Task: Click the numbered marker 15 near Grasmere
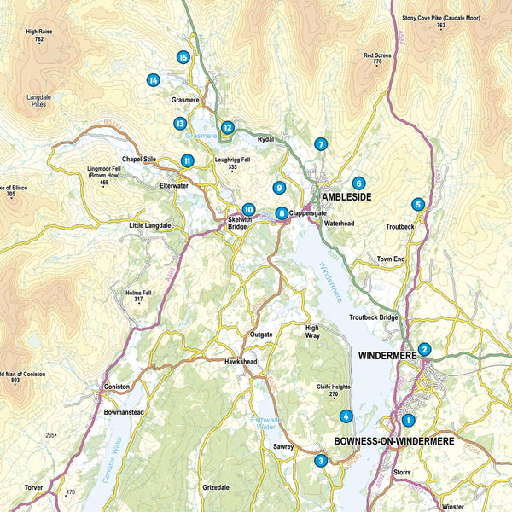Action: click(x=183, y=57)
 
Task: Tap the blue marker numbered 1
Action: click(x=408, y=419)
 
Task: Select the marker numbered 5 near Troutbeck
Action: click(x=417, y=204)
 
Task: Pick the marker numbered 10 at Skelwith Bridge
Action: click(x=248, y=209)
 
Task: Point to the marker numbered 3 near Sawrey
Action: click(x=321, y=461)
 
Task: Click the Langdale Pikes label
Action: click(x=39, y=102)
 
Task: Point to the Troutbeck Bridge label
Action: click(x=374, y=317)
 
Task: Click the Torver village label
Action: click(x=33, y=489)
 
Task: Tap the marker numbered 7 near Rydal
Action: click(x=320, y=144)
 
